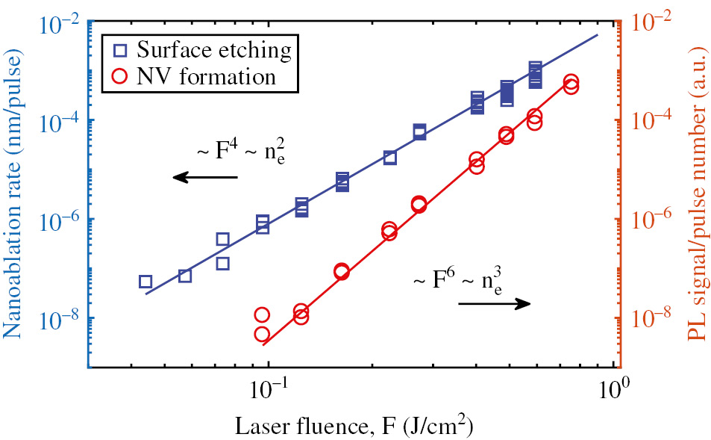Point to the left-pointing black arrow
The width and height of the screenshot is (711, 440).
coord(204,177)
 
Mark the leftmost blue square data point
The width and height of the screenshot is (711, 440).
coord(145,282)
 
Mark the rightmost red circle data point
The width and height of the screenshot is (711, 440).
coord(571,83)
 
